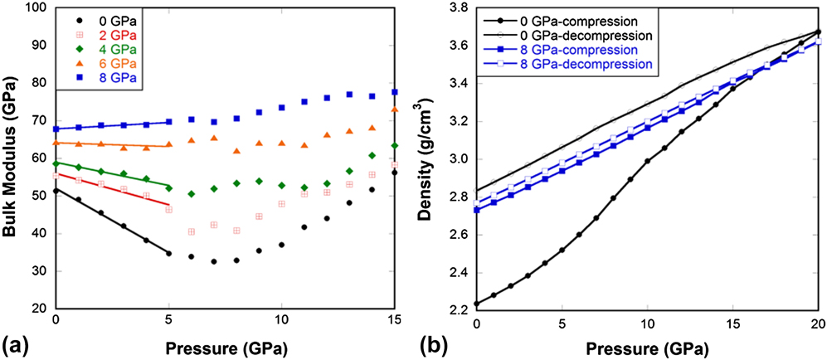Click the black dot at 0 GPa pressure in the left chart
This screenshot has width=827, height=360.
(56, 191)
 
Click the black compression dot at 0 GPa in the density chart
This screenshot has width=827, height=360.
(475, 304)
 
